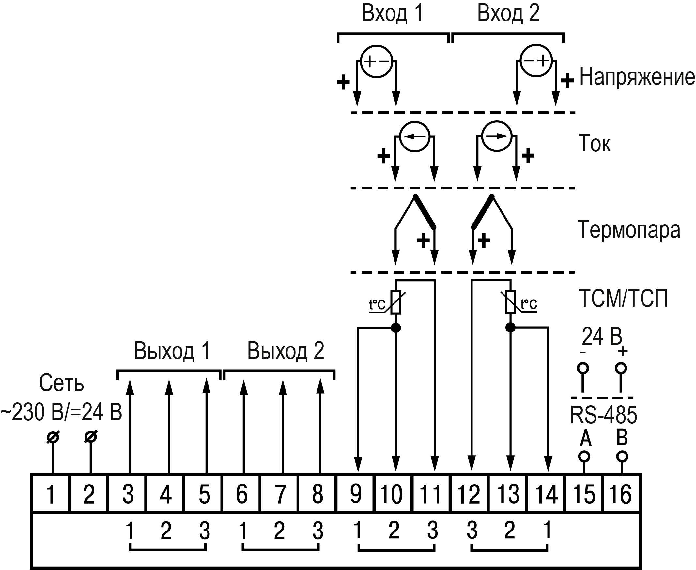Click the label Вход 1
click(x=392, y=14)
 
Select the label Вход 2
click(x=508, y=14)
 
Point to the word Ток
click(x=594, y=143)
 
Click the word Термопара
click(x=629, y=230)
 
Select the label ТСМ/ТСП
click(x=624, y=299)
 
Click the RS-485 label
click(x=603, y=415)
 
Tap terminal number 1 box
click(x=51, y=495)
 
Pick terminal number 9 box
click(x=356, y=495)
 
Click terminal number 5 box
click(x=204, y=495)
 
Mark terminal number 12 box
click(x=469, y=495)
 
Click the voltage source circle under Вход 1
click(x=377, y=61)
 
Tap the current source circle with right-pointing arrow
click(x=497, y=136)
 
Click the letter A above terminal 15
click(x=586, y=438)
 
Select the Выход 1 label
click(x=172, y=351)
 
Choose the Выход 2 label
click(x=286, y=351)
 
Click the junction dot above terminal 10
click(x=396, y=328)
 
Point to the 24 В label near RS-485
click(x=602, y=336)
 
